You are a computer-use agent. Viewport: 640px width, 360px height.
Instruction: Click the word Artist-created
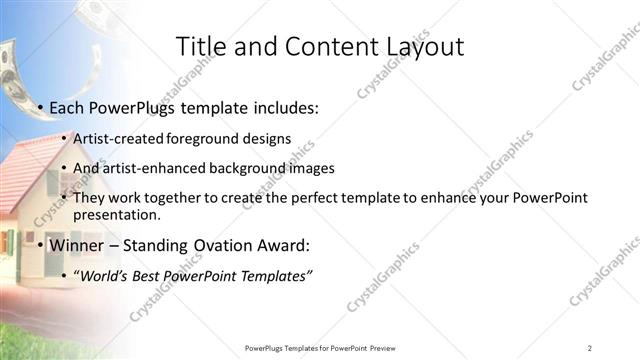[x=120, y=140]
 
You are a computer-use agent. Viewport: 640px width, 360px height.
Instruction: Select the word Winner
[x=76, y=244]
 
